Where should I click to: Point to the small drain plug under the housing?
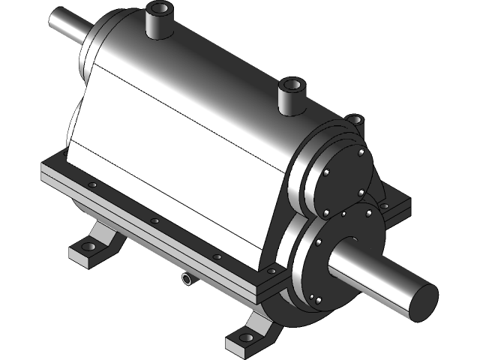[185, 279]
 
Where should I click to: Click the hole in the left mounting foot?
[88, 247]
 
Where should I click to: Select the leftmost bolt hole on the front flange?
[92, 185]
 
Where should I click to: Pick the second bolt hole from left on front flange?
[154, 221]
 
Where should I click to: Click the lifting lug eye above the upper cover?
[354, 118]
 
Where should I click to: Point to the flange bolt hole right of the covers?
[385, 205]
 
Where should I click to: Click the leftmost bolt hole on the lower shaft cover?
[316, 244]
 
